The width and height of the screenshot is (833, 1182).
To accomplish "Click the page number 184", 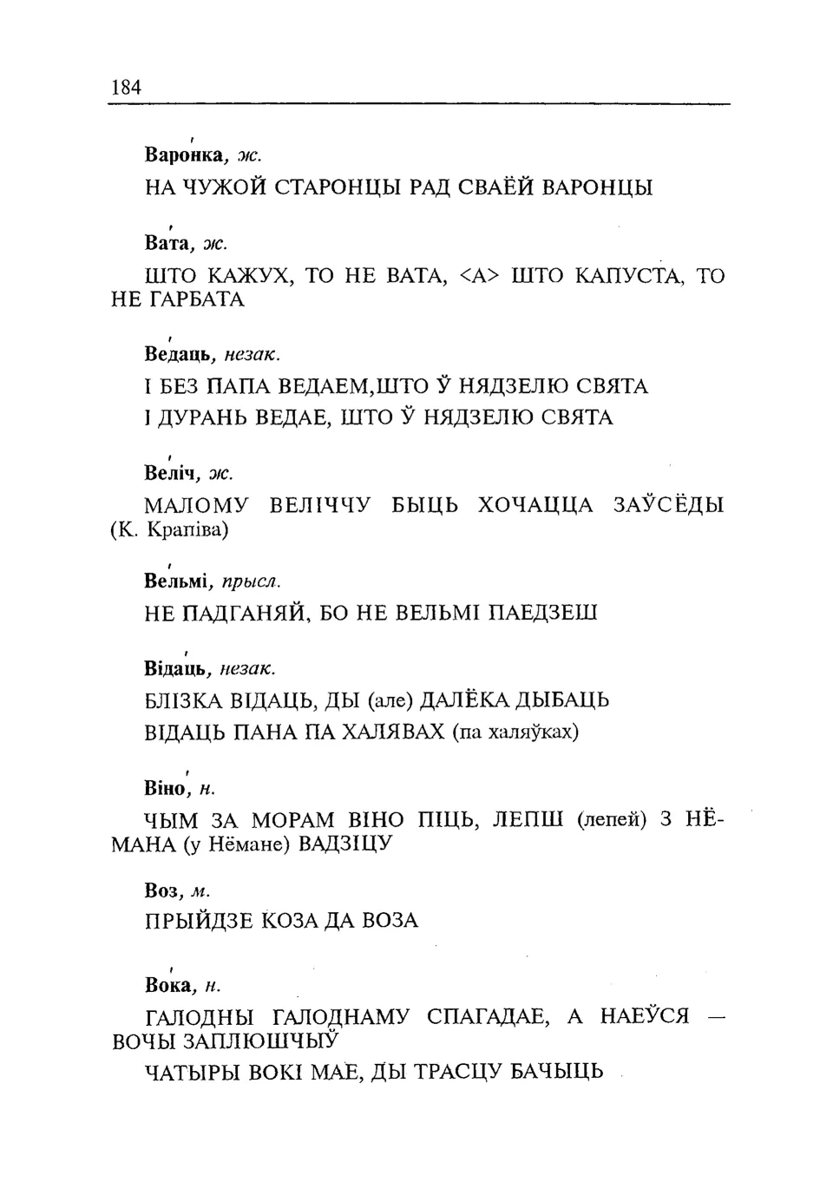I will coord(127,87).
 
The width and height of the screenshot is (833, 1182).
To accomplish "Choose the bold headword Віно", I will coord(166,788).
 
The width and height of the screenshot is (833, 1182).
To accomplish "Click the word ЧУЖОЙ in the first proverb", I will coord(224,187).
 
